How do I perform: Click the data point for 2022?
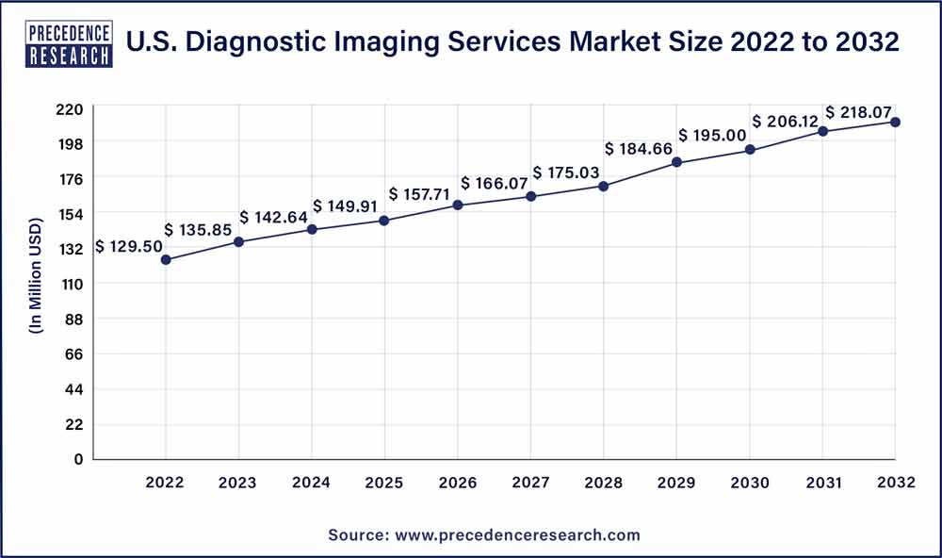tap(166, 259)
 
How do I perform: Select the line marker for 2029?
tap(676, 162)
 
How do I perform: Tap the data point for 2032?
tap(896, 122)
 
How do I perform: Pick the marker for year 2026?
tap(458, 205)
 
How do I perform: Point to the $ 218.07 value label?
tap(858, 111)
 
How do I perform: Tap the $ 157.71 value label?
tap(421, 193)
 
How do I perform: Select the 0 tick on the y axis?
tap(79, 459)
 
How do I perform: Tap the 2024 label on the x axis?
tap(312, 483)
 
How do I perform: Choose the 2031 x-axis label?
tap(822, 483)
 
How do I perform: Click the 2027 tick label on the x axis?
tap(530, 483)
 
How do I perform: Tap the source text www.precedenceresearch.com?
tap(515, 534)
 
